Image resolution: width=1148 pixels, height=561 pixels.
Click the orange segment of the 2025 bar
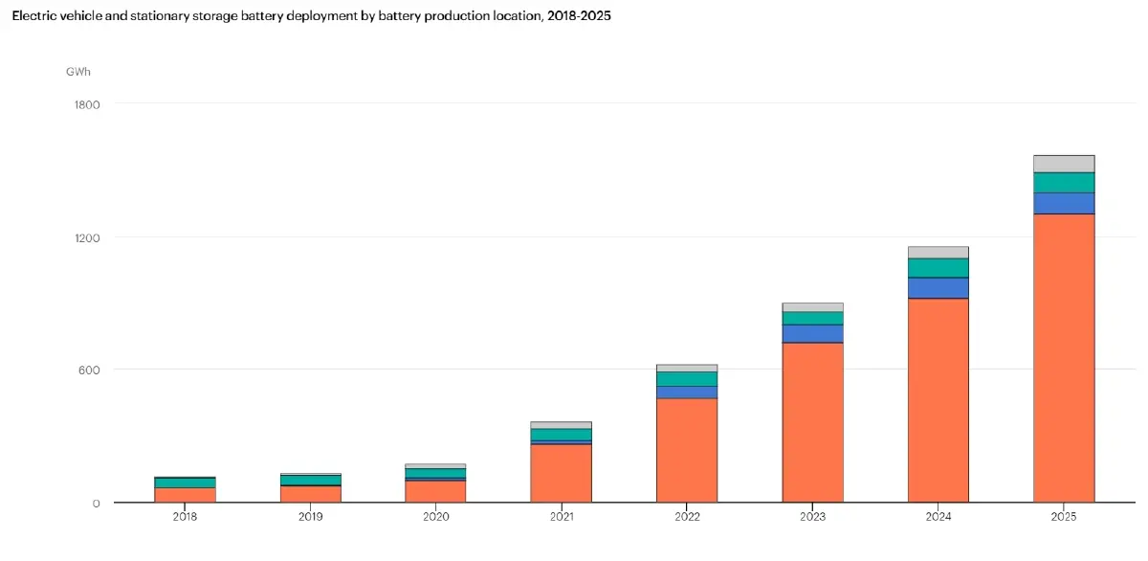pos(1064,358)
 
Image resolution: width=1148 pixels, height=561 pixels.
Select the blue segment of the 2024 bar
pos(938,288)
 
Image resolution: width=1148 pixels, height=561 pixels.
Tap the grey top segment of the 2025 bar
pos(1064,164)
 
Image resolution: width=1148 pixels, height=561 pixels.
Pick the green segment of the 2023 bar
pos(813,319)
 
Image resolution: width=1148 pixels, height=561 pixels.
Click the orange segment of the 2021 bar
pos(562,473)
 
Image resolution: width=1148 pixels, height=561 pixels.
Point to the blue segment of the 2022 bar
pos(687,393)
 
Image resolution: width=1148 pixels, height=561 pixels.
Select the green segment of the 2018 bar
pos(185,482)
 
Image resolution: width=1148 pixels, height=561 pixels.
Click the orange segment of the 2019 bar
pos(311,494)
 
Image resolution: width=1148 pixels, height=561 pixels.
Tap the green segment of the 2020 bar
pos(435,473)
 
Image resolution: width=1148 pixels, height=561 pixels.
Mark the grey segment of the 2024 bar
pos(938,253)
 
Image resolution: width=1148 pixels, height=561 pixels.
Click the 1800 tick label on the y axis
pos(87,104)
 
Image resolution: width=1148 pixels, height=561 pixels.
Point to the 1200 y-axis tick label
pos(87,238)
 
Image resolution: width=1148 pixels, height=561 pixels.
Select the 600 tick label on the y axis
pos(89,370)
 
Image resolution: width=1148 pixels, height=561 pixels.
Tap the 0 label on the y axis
pos(97,504)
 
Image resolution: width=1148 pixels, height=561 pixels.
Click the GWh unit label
pos(78,72)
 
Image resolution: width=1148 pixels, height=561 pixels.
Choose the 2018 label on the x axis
pos(185,516)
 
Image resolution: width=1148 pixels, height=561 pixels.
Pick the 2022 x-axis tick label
pos(687,516)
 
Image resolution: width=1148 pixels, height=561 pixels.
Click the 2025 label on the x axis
pos(1064,516)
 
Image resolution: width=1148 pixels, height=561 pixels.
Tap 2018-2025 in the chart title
pos(579,16)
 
